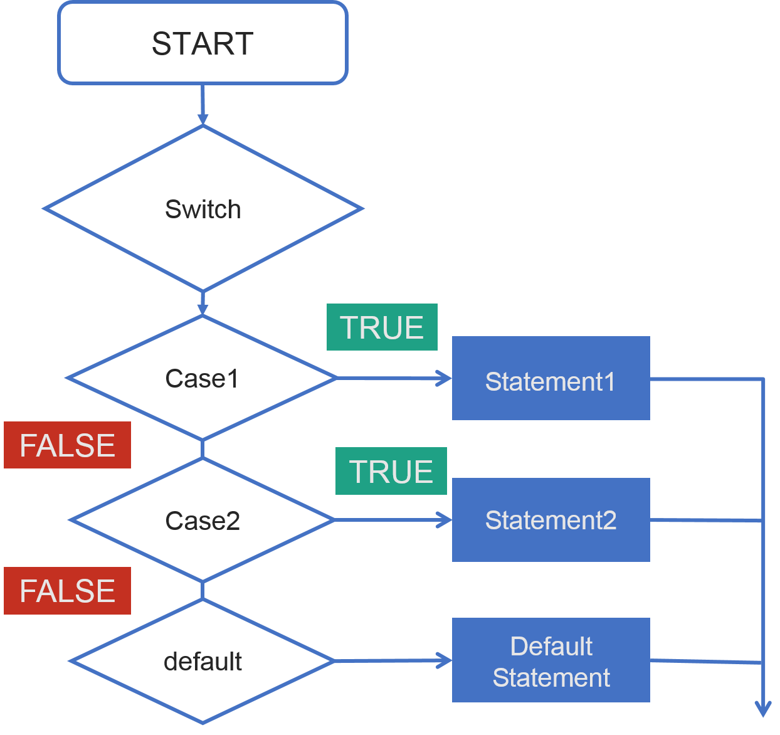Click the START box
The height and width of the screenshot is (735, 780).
pyautogui.click(x=203, y=43)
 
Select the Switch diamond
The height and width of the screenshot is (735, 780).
pyautogui.click(x=203, y=209)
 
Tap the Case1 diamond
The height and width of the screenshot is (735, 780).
pyautogui.click(x=202, y=378)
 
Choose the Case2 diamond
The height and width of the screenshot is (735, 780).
pyautogui.click(x=202, y=520)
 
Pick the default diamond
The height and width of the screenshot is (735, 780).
pyautogui.click(x=202, y=661)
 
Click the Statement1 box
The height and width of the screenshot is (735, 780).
pyautogui.click(x=551, y=378)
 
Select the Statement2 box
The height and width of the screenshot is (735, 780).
pyautogui.click(x=551, y=520)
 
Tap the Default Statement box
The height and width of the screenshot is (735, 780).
pyautogui.click(x=551, y=660)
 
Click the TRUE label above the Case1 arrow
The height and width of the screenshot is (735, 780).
pyautogui.click(x=382, y=327)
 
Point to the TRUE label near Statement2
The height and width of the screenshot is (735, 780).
pyautogui.click(x=391, y=472)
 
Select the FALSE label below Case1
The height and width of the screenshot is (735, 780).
pyautogui.click(x=67, y=445)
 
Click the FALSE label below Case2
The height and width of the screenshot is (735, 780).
pyautogui.click(x=67, y=591)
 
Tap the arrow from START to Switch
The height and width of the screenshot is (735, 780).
pyautogui.click(x=203, y=104)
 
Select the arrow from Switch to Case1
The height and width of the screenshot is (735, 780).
pyautogui.click(x=203, y=303)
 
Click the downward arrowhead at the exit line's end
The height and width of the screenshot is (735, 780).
pyautogui.click(x=763, y=709)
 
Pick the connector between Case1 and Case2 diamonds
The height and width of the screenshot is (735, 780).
pyautogui.click(x=203, y=449)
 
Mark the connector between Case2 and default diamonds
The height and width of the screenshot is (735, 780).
pyautogui.click(x=203, y=590)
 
